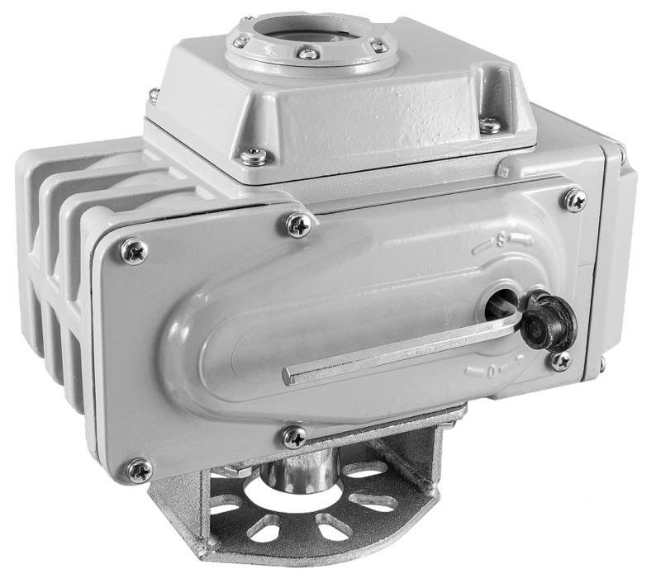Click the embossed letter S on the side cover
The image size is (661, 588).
(501, 240)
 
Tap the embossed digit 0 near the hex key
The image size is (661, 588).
(491, 372)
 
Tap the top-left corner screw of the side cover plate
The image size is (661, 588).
(134, 251)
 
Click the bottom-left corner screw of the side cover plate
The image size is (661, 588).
(140, 471)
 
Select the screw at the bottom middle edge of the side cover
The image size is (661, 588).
(294, 437)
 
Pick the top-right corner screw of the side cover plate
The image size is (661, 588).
(575, 201)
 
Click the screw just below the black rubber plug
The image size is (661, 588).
(561, 362)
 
